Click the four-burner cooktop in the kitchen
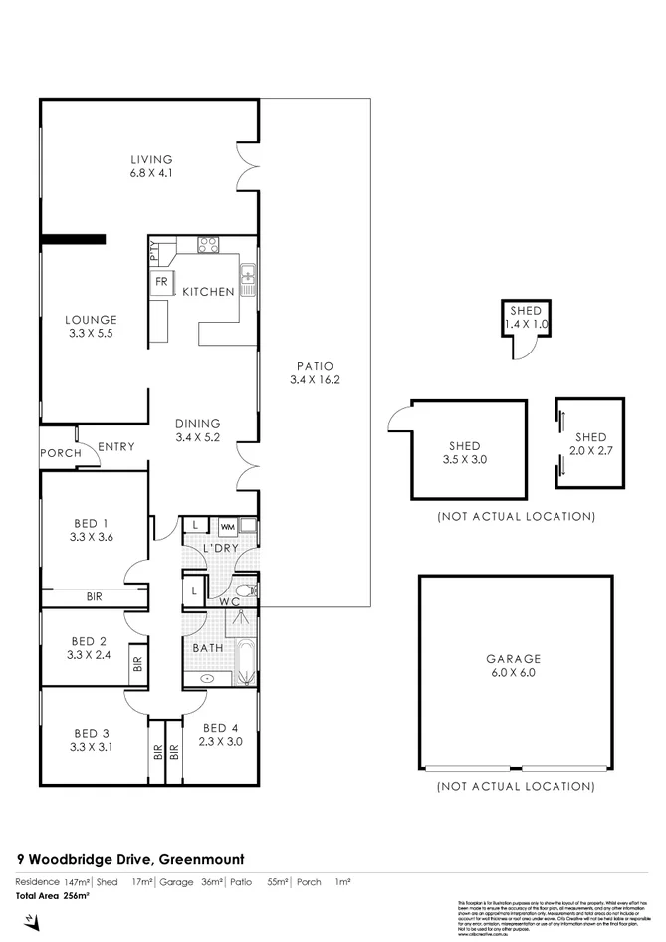(208, 245)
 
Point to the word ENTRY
(115, 447)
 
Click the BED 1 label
(91, 524)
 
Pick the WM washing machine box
(227, 525)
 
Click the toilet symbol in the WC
(245, 590)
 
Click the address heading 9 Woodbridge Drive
(130, 858)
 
